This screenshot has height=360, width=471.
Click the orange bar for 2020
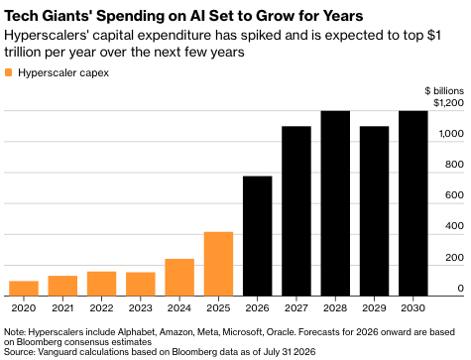(24, 289)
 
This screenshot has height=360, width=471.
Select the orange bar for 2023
(141, 284)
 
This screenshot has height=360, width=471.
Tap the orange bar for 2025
(218, 264)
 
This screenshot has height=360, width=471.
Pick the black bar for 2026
(258, 236)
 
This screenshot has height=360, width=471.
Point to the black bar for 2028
(335, 203)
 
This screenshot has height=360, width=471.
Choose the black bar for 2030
(413, 203)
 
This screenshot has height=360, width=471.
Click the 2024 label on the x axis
(179, 308)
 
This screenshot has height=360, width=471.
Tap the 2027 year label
(296, 308)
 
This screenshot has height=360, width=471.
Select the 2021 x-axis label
(62, 308)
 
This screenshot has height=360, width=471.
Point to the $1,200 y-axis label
(448, 103)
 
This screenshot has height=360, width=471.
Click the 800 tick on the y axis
(454, 165)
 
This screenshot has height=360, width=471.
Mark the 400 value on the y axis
(454, 226)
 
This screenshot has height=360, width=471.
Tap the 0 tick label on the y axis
(460, 289)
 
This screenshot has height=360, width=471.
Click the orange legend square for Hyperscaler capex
(9, 72)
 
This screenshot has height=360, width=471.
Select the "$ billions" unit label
(444, 90)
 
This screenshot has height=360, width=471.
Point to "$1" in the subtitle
(434, 35)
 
